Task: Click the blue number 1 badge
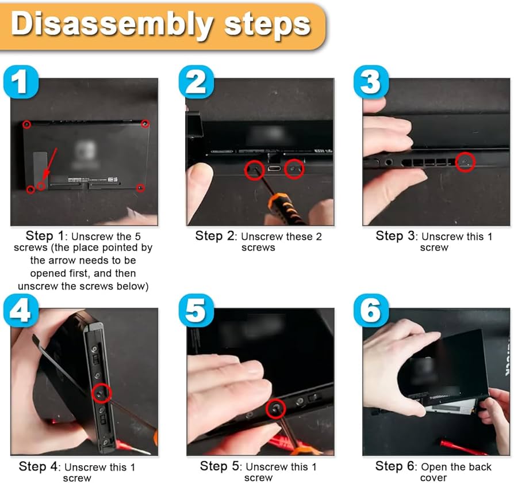tap(21, 81)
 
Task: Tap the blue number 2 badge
tap(197, 81)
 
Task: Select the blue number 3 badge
tap(371, 81)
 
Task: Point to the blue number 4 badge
tap(21, 310)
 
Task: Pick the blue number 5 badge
tap(197, 310)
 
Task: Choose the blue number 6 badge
tap(371, 310)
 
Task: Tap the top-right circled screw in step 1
tap(145, 124)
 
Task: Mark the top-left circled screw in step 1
tap(26, 125)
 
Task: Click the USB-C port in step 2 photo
tap(274, 169)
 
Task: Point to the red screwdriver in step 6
tap(462, 447)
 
